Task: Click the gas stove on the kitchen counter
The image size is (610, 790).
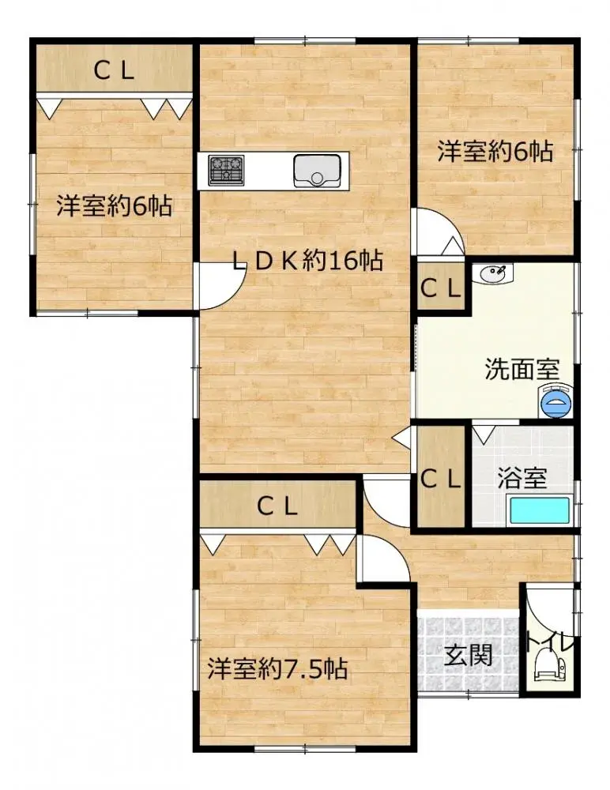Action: (227, 168)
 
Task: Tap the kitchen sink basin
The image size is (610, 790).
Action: (317, 171)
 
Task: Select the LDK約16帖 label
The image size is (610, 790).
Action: (307, 261)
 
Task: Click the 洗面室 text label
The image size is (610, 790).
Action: (522, 369)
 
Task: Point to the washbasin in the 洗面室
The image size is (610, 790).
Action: (492, 274)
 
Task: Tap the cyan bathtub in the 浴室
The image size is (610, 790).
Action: (540, 511)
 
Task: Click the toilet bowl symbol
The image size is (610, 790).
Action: (547, 665)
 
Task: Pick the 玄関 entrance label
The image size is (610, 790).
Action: (468, 656)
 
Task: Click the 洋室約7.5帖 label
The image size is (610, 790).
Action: (278, 670)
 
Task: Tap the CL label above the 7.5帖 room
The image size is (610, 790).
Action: (277, 506)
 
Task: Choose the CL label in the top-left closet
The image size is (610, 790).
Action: (115, 72)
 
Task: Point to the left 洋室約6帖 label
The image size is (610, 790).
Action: (114, 206)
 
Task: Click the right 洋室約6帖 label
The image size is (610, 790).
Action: (495, 151)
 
